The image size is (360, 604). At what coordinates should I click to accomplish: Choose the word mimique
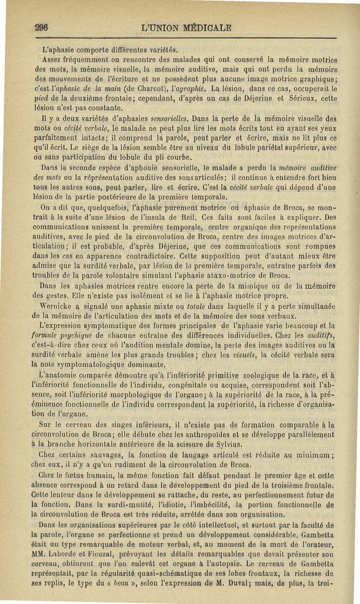click(255, 285)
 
